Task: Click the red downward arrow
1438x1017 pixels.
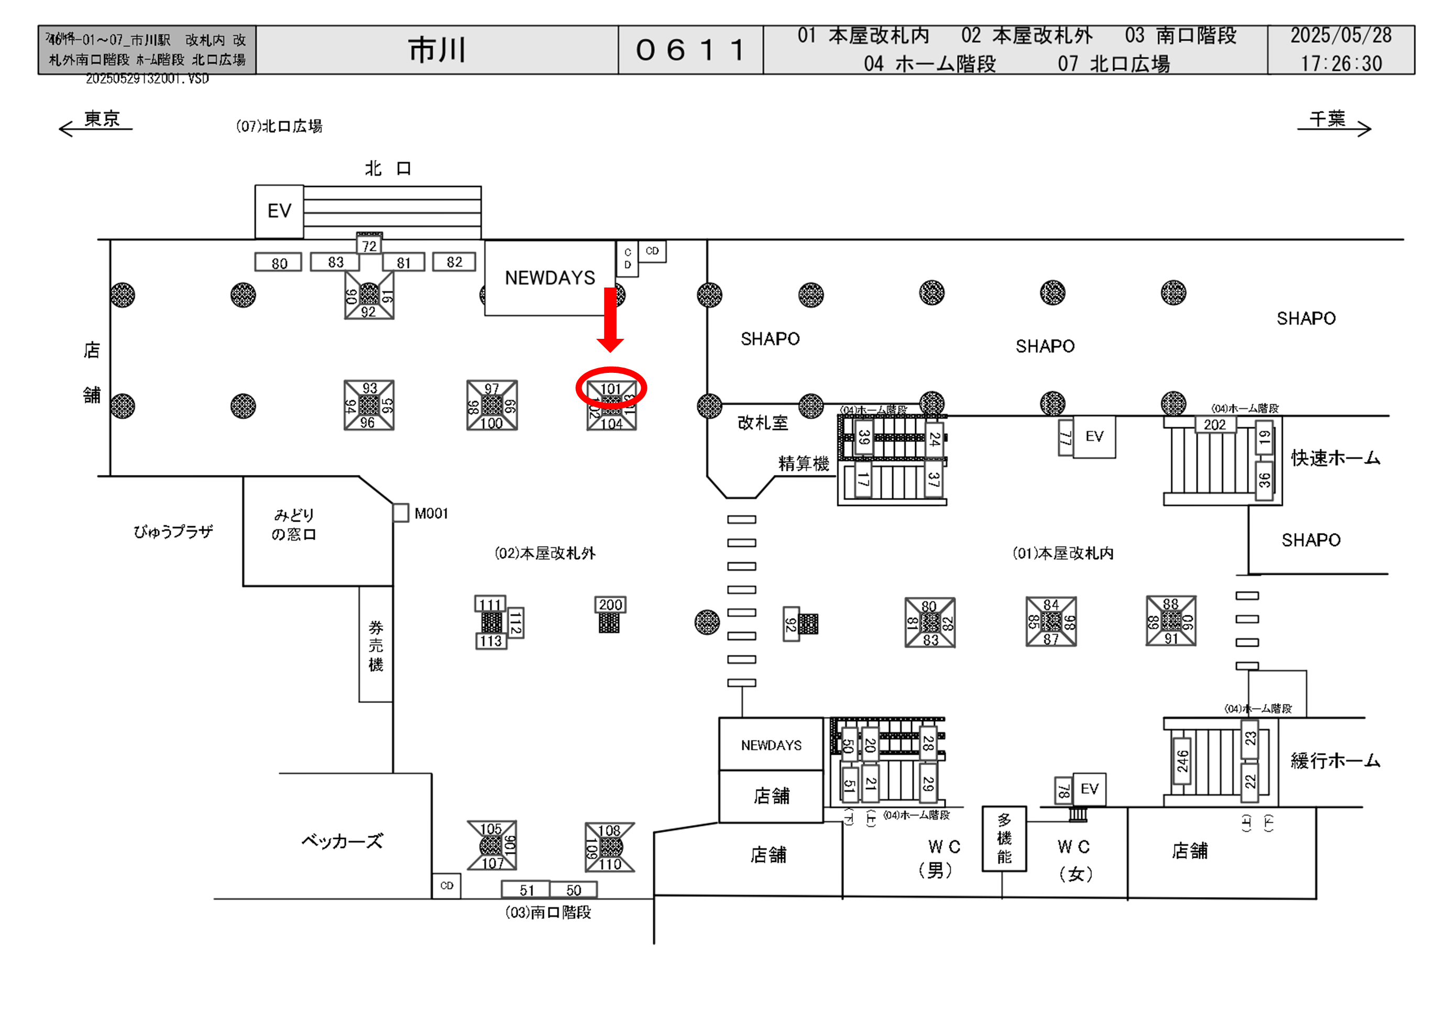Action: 610,319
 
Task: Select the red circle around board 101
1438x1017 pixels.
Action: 611,388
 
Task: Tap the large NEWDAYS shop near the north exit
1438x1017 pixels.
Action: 550,278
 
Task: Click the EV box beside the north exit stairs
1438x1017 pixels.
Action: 279,211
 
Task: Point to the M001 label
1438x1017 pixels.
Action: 431,514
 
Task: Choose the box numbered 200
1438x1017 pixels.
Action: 610,604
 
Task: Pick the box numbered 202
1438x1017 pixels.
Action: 1214,425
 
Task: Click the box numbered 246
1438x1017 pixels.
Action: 1182,761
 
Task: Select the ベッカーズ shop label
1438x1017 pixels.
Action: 342,841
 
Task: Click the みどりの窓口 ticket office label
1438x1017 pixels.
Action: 293,524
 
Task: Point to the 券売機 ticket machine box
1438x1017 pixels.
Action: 376,645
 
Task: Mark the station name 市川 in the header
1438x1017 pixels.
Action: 437,50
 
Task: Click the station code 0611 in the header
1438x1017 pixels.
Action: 690,50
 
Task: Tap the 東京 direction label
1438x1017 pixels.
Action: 102,118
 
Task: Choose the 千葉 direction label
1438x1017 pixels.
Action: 1326,118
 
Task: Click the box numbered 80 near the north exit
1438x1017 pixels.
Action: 279,263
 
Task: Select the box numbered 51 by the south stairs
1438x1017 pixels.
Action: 526,890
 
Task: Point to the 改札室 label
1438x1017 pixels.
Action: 762,423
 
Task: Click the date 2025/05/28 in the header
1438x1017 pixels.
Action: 1340,36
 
